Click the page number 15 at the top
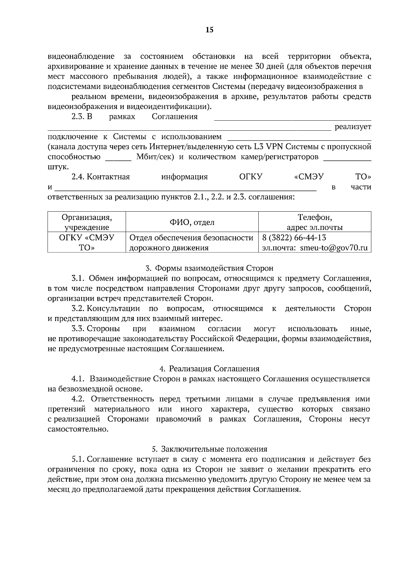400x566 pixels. click(209, 30)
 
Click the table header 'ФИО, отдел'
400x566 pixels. click(192, 222)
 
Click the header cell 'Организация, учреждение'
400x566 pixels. click(87, 222)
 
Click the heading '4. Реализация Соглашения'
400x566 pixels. click(209, 369)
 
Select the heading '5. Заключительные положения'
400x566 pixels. click(209, 449)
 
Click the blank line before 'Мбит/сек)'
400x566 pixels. click(118, 157)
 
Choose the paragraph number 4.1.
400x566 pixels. click(79, 379)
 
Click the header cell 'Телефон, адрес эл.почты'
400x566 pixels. click(315, 222)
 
